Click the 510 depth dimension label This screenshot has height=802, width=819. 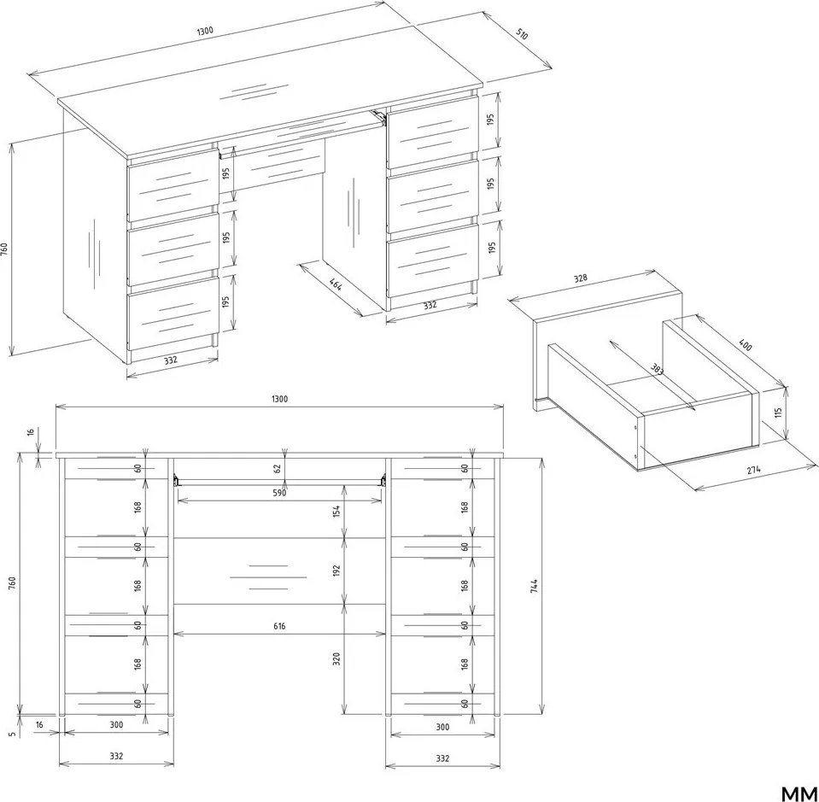click(x=523, y=35)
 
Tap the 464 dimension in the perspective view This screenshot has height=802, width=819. click(x=336, y=284)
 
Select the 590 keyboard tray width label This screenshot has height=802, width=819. click(x=279, y=493)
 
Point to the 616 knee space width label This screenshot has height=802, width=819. click(x=279, y=626)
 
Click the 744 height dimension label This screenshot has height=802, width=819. click(x=533, y=586)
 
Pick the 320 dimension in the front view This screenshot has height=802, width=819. click(x=336, y=659)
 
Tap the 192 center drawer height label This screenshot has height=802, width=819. click(x=336, y=570)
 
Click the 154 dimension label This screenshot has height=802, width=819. click(x=336, y=511)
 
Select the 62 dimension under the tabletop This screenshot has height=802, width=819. click(x=278, y=469)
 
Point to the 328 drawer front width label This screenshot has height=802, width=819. click(x=580, y=278)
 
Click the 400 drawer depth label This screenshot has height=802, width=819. click(x=746, y=345)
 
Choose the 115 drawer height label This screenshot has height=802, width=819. click(x=778, y=413)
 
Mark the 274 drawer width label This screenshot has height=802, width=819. click(x=753, y=470)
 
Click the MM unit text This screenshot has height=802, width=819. click(x=799, y=793)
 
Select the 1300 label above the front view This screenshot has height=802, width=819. click(x=279, y=399)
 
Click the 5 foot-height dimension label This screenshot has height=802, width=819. click(x=11, y=734)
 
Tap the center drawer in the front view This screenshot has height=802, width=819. click(x=279, y=571)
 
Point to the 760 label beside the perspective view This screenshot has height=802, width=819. click(x=4, y=249)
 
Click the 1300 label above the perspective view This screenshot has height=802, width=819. click(x=205, y=31)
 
